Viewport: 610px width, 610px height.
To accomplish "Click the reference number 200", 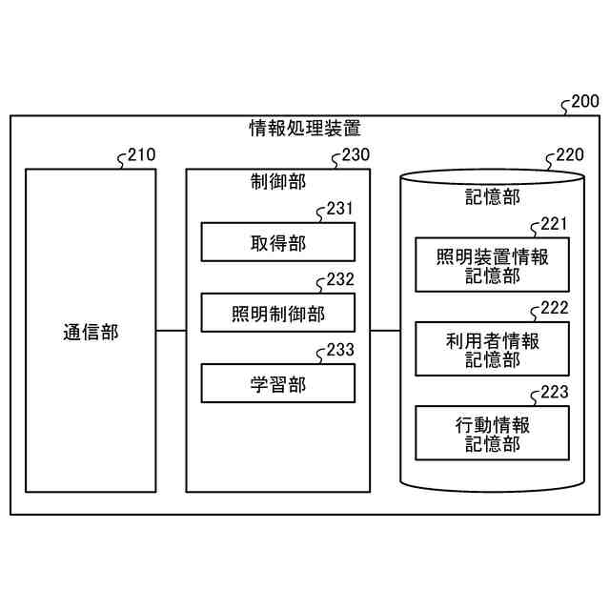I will [583, 102].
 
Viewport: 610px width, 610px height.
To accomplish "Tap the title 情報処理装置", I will [304, 128].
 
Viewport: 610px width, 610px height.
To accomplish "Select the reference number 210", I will [141, 155].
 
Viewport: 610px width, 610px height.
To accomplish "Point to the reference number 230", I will [356, 155].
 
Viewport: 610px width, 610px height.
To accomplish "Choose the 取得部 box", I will [277, 242].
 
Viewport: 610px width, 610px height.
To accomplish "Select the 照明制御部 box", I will [277, 314].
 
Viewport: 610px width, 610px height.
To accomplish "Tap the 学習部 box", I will [277, 384].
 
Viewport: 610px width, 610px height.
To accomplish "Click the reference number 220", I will [570, 155].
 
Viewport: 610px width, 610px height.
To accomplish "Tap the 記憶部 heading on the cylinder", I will [492, 197].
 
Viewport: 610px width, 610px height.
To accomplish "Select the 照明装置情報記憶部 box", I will [492, 266].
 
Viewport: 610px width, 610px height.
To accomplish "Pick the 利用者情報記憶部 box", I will [492, 349].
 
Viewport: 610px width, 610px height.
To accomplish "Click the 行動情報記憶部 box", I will [492, 433].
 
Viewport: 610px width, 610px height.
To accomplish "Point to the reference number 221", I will [554, 224].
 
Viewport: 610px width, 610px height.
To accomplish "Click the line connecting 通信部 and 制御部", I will [171, 331].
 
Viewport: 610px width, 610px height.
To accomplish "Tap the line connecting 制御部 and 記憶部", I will [385, 331].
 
